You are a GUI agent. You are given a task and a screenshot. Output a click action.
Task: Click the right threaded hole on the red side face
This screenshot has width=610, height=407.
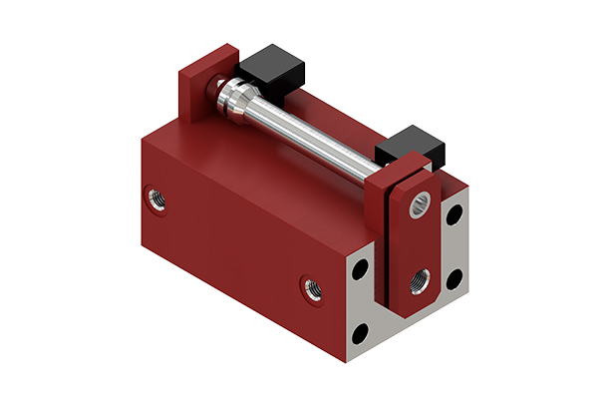pyautogui.click(x=311, y=289)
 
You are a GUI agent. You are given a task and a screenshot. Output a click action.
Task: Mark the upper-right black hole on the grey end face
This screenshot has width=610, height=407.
pyautogui.click(x=455, y=213)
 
